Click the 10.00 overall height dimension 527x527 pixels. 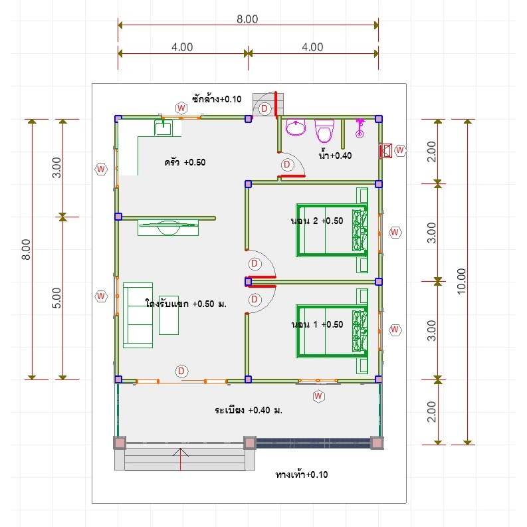[462, 281]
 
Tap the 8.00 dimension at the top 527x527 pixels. [247, 19]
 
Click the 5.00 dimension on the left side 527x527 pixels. [56, 298]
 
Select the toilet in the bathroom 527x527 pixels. [324, 131]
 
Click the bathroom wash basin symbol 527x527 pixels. [296, 127]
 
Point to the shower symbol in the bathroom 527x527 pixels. [360, 128]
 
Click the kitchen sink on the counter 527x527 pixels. [163, 128]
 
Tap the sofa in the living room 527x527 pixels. [138, 315]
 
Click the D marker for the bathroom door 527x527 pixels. [287, 165]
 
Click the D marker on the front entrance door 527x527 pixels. [181, 371]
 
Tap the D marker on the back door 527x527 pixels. [264, 108]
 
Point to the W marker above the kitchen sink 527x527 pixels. [181, 108]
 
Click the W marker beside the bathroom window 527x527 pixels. [400, 150]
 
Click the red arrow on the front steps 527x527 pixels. [181, 459]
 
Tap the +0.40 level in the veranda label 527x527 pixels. [259, 411]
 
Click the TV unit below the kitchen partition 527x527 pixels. [168, 227]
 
